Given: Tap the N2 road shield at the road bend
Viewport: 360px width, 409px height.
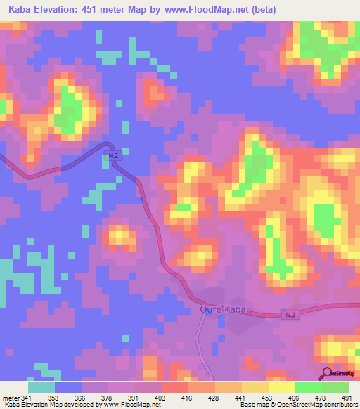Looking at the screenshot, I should pyautogui.click(x=112, y=156).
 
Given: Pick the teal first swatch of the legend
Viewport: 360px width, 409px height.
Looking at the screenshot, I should pyautogui.click(x=41, y=387).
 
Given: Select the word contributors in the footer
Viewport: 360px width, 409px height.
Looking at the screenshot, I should pyautogui.click(x=340, y=404).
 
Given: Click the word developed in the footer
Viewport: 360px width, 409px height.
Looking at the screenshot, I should pyautogui.click(x=77, y=404).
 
